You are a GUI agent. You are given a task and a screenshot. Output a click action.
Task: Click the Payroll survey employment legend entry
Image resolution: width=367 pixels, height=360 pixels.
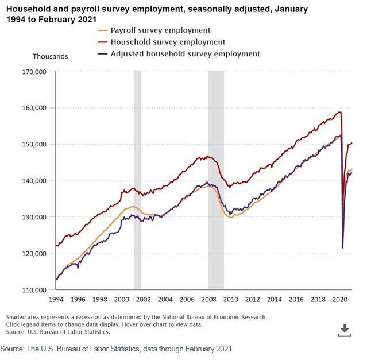coord(154,30)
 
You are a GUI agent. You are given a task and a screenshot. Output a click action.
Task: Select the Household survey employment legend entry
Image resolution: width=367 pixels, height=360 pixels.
coord(161,42)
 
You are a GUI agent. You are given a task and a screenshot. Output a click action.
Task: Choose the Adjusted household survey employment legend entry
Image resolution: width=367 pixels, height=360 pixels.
coord(179,54)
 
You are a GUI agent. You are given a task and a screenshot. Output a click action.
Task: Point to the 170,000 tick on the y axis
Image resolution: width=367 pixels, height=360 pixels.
coord(34,72)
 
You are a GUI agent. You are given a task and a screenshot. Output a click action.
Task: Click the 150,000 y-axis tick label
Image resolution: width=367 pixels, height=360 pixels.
coord(34,144)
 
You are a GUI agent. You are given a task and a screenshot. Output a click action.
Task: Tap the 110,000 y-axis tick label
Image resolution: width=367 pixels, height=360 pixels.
coord(34,290)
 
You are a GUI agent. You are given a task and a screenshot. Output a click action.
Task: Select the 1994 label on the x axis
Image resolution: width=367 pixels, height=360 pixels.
coord(56,299)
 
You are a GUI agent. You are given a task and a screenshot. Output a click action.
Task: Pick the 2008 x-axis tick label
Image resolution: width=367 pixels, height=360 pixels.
coord(209,299)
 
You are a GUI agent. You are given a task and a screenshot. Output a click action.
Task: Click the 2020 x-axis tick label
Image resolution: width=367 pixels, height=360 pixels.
coord(340,299)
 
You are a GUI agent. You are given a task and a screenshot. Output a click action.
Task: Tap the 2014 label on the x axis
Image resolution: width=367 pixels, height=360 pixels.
coord(275,299)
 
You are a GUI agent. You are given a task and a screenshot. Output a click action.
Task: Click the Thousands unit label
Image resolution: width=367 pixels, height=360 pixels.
coord(51,56)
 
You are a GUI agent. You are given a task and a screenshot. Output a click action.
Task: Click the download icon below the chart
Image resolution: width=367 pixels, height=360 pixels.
coord(345,330)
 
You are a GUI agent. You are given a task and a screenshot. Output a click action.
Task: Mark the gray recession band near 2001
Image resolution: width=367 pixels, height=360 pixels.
coord(137,180)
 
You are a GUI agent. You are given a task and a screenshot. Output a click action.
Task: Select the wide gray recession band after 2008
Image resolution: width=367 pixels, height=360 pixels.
coord(216,180)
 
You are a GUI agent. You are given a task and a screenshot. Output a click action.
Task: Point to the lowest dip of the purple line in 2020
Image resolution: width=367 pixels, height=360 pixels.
coord(343,248)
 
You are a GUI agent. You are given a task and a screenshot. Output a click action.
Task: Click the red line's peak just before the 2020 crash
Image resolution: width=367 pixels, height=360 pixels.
coord(340,112)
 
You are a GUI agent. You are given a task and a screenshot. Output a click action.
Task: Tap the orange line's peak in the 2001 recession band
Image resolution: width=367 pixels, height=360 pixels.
coord(133,206)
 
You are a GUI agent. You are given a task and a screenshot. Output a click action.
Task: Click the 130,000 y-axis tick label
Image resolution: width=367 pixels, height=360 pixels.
coord(34,217)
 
